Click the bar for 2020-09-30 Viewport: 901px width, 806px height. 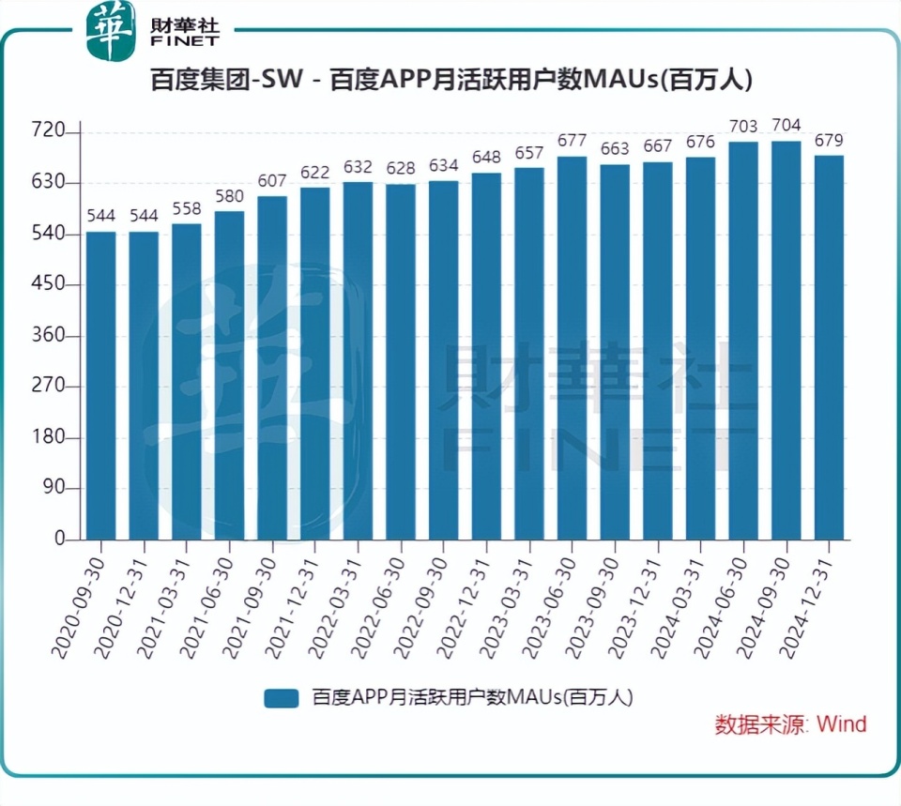click(x=101, y=385)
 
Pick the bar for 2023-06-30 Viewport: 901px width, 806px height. click(x=572, y=347)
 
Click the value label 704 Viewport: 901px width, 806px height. click(x=786, y=126)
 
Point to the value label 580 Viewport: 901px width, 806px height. click(x=230, y=196)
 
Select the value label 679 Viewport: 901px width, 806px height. click(x=829, y=141)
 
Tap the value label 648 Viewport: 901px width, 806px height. click(x=486, y=158)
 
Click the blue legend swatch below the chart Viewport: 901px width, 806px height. click(x=281, y=698)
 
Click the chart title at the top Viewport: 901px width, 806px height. click(x=450, y=81)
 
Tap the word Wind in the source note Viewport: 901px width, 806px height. click(x=841, y=724)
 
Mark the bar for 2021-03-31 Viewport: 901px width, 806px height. click(x=187, y=380)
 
